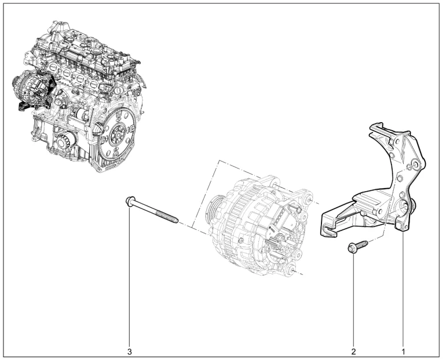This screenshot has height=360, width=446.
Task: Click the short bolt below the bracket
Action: [357, 246]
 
